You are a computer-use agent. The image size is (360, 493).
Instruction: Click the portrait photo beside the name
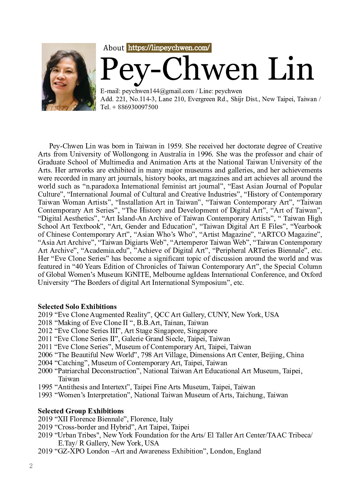(69, 77)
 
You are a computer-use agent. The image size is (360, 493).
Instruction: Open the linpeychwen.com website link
(169, 48)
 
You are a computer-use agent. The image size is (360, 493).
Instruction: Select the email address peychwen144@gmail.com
(158, 91)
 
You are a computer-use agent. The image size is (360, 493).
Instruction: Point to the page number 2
(31, 466)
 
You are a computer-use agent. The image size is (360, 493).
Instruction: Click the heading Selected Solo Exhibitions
(77, 306)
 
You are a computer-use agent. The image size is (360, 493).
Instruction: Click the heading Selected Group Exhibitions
(81, 411)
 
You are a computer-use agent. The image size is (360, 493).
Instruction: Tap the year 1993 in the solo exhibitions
(45, 395)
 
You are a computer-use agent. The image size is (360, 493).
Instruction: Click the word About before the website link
(114, 48)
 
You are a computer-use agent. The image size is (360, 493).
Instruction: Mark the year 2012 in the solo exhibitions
(45, 331)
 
